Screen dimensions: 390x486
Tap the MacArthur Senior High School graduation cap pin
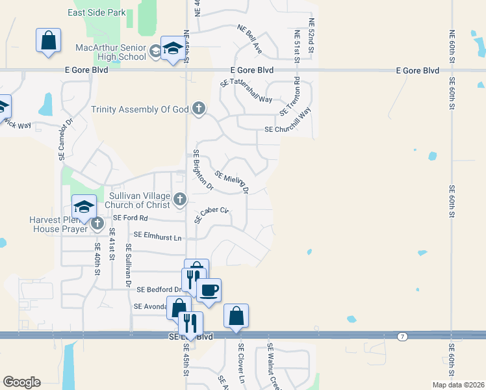click(x=173, y=48)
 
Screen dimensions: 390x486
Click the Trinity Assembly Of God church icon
click(x=199, y=109)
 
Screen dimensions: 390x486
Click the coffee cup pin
click(x=209, y=290)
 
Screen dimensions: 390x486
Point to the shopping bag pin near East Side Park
click(x=49, y=40)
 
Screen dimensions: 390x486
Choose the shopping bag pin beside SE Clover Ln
click(x=236, y=316)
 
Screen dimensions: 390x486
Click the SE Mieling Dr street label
click(x=232, y=182)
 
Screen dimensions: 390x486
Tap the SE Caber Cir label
click(x=212, y=214)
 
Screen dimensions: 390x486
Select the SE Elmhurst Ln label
click(x=158, y=237)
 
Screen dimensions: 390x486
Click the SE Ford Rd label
click(x=131, y=218)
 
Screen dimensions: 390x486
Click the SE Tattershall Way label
click(x=246, y=91)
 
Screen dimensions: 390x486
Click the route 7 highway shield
click(x=403, y=336)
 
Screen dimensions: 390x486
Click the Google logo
click(x=21, y=382)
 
